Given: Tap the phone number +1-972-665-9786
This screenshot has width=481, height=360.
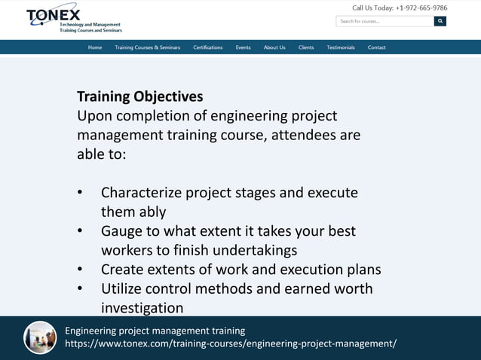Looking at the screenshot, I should [x=421, y=8].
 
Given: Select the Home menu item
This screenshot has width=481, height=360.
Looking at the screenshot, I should [x=95, y=47].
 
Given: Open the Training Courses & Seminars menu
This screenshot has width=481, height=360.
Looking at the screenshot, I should [x=147, y=47].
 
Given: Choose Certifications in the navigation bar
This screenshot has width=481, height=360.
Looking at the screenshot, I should [x=207, y=47].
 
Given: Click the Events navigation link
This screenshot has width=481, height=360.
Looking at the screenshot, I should [x=243, y=47].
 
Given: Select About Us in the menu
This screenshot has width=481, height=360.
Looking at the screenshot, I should [x=274, y=47].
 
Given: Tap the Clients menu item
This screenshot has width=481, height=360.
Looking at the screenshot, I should [x=306, y=47].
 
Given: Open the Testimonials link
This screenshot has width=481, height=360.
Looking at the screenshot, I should [x=341, y=47].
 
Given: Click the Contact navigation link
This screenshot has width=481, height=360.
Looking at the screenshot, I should [x=377, y=47].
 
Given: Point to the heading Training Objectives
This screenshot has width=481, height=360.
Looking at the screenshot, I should [x=139, y=97].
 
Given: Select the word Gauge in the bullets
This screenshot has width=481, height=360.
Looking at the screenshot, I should [x=121, y=231].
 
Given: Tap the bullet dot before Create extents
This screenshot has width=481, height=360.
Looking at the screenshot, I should [x=80, y=270].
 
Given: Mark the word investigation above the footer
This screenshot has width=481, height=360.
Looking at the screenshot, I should [x=142, y=308].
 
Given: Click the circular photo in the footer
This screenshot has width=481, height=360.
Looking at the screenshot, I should [x=40, y=337].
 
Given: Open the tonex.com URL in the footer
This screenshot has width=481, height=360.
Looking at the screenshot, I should [x=230, y=344].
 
